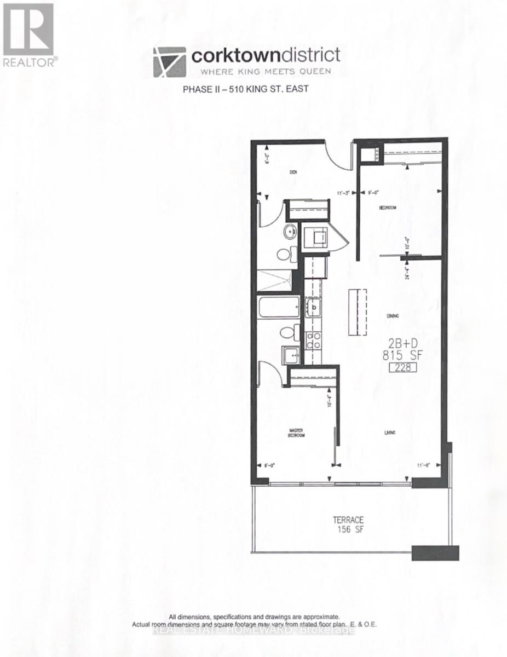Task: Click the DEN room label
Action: coord(293,172)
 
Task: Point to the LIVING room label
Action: coord(390,433)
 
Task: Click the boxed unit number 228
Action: coord(402,368)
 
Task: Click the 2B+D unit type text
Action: coord(402,344)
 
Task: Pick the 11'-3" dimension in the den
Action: coord(344,192)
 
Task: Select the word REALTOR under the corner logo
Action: coord(29,62)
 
